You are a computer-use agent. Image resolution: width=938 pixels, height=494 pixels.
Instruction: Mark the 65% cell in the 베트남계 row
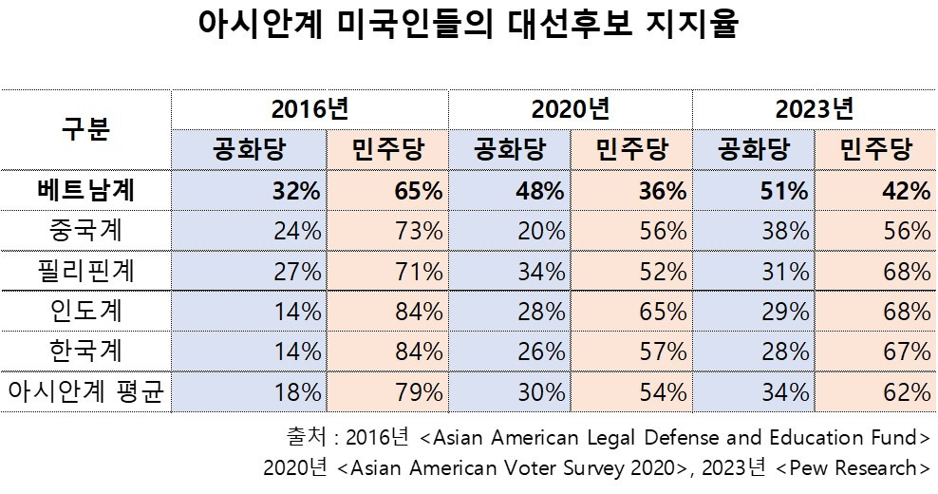point(419,191)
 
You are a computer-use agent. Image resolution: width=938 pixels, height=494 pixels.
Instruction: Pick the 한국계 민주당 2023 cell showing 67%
point(907,351)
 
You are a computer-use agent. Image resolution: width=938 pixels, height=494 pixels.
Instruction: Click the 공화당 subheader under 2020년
point(509,150)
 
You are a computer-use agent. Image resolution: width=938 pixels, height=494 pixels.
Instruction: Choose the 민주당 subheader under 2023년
point(875,150)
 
